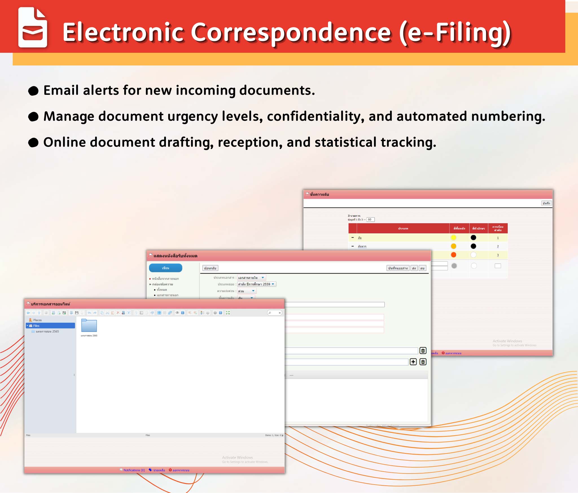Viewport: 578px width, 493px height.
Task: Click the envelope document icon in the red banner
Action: pyautogui.click(x=32, y=27)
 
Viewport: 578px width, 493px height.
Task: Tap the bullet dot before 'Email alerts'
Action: pyautogui.click(x=33, y=91)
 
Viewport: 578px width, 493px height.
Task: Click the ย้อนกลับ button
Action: pyautogui.click(x=210, y=268)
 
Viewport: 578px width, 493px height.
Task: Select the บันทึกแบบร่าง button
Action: pyautogui.click(x=398, y=268)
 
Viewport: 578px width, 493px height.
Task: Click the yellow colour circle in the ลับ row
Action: pyautogui.click(x=454, y=238)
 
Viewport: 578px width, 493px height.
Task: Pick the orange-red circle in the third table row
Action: pyautogui.click(x=454, y=255)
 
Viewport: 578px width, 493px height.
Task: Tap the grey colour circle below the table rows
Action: pyautogui.click(x=454, y=266)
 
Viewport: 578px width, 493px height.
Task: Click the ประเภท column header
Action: pyautogui.click(x=403, y=228)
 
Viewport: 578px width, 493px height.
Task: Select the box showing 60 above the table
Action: pyautogui.click(x=370, y=220)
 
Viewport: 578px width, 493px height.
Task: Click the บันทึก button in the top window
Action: pyautogui.click(x=546, y=203)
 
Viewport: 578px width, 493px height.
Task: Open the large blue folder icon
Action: pyautogui.click(x=89, y=326)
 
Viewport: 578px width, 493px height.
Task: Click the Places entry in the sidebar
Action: pyautogui.click(x=37, y=320)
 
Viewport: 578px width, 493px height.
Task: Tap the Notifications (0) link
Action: pyautogui.click(x=134, y=470)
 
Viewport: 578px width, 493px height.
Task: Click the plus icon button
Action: pyautogui.click(x=413, y=362)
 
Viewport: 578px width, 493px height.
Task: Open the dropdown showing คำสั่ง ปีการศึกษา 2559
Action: pyautogui.click(x=256, y=284)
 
